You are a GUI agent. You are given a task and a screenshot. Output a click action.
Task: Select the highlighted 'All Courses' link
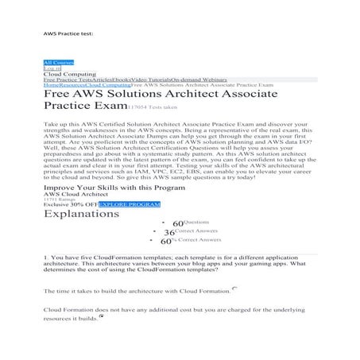pyautogui.click(x=58, y=61)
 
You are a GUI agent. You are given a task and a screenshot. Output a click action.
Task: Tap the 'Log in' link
pyautogui.click(x=52, y=68)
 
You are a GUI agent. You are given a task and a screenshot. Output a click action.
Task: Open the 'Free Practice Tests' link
pyautogui.click(x=66, y=80)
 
